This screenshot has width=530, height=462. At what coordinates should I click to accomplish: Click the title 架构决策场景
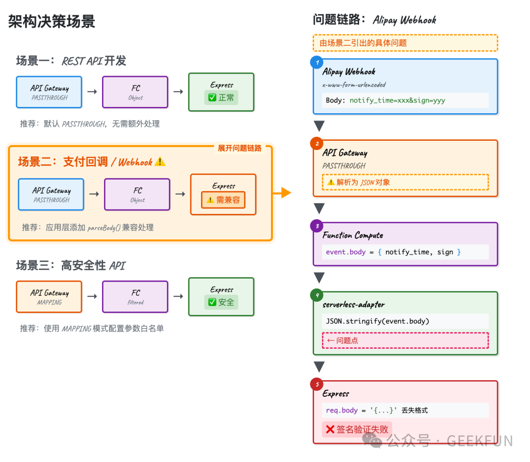point(52,22)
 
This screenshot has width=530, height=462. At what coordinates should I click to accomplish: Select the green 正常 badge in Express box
point(221,98)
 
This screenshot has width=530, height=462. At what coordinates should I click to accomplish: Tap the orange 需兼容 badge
point(223,200)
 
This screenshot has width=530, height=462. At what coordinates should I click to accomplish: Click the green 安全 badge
point(221,302)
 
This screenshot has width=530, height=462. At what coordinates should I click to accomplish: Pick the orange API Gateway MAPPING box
point(49,297)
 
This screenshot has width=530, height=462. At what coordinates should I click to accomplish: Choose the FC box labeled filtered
point(135,297)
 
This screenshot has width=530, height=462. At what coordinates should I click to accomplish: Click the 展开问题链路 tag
point(239,148)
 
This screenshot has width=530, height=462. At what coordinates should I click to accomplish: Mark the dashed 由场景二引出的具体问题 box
point(405,43)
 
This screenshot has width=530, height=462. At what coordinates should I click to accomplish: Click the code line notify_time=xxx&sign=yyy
point(397,101)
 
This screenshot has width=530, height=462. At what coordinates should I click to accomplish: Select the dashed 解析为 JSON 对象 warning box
point(405,182)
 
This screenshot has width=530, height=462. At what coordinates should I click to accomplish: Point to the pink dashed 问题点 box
point(405,340)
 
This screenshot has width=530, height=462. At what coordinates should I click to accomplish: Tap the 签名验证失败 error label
point(357,430)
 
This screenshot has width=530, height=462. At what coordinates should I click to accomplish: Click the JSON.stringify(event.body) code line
point(377,321)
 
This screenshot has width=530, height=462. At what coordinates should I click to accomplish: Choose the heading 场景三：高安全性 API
point(71,266)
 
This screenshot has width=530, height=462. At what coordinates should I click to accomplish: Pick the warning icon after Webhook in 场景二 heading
point(160,162)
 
